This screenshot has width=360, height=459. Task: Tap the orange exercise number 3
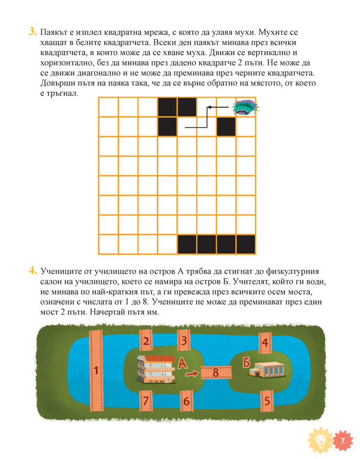point(32,32)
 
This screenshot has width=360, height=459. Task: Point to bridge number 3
point(185,342)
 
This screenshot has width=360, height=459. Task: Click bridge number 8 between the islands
point(216,373)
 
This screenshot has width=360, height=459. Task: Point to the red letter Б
point(246,361)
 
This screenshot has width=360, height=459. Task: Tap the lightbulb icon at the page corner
point(319,441)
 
